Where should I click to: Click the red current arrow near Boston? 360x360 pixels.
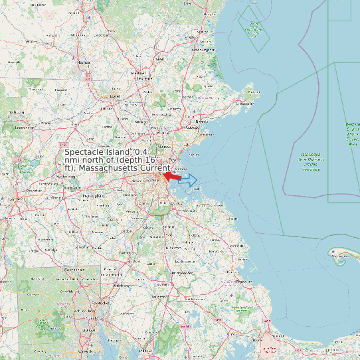click(173, 177)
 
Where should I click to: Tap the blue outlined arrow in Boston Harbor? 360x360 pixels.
click(189, 180)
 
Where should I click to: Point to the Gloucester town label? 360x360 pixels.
click(244, 103)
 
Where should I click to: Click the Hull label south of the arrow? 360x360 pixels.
click(196, 189)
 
